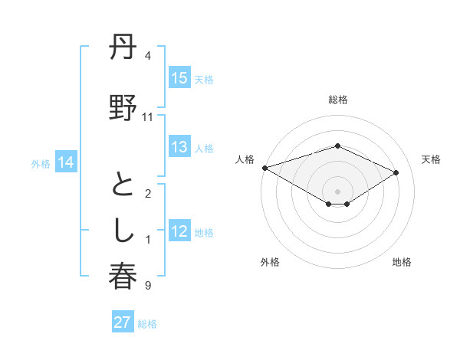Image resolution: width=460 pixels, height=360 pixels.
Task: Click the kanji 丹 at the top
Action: pos(123,50)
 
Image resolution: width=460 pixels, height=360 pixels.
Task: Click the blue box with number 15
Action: pos(179,78)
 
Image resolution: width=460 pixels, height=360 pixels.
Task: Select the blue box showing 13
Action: pos(179,148)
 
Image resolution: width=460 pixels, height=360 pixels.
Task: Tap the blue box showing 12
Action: pos(179,232)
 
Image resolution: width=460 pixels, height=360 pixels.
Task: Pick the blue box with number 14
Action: pos(66,162)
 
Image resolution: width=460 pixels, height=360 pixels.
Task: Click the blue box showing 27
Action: pos(123,322)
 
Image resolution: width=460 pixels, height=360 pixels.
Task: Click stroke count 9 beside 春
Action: pos(148,286)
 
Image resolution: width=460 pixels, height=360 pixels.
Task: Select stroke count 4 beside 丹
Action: pos(148,56)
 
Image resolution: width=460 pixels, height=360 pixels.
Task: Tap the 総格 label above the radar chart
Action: pos(337,100)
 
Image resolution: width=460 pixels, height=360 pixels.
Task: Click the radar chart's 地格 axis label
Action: pos(402,263)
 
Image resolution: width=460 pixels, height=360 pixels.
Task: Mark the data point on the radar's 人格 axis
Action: pos(264,168)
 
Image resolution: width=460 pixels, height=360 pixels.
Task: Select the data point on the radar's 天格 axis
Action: pos(396,172)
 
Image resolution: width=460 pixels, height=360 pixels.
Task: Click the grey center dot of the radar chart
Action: pos(337,191)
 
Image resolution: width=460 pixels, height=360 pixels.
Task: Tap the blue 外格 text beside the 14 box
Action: pos(41,163)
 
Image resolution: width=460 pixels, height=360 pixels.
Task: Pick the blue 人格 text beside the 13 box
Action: pos(204,149)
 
